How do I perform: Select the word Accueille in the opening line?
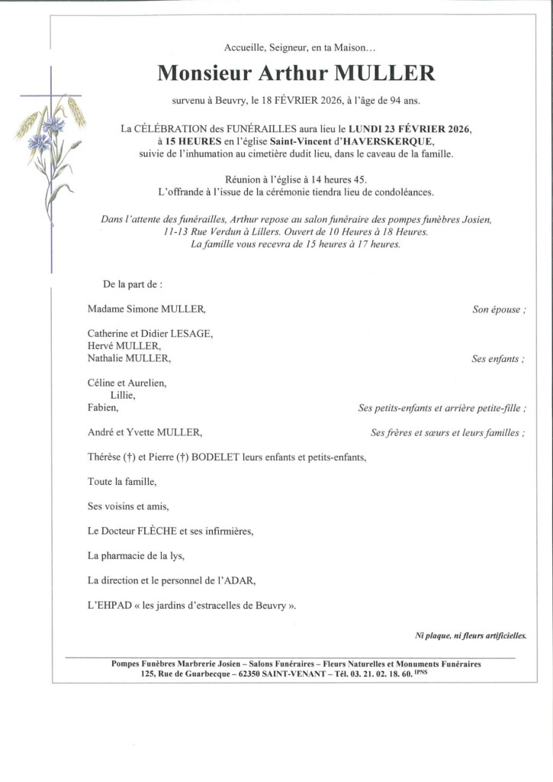tap(245, 48)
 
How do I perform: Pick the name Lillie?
tap(123, 396)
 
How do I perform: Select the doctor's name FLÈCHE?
tap(157, 531)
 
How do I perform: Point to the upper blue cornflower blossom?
tap(54, 124)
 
